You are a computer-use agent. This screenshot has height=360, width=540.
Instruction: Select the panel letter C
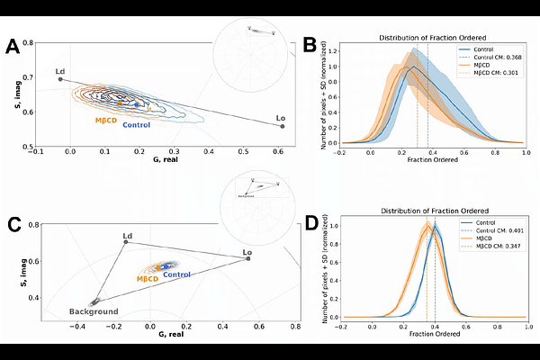[14, 225]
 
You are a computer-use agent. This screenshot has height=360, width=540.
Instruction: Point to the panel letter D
[310, 221]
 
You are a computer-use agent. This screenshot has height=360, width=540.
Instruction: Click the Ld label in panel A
[59, 71]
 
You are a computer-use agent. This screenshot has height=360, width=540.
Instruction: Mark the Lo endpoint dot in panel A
[283, 126]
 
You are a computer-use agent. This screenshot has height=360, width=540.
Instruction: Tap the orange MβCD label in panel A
[108, 119]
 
